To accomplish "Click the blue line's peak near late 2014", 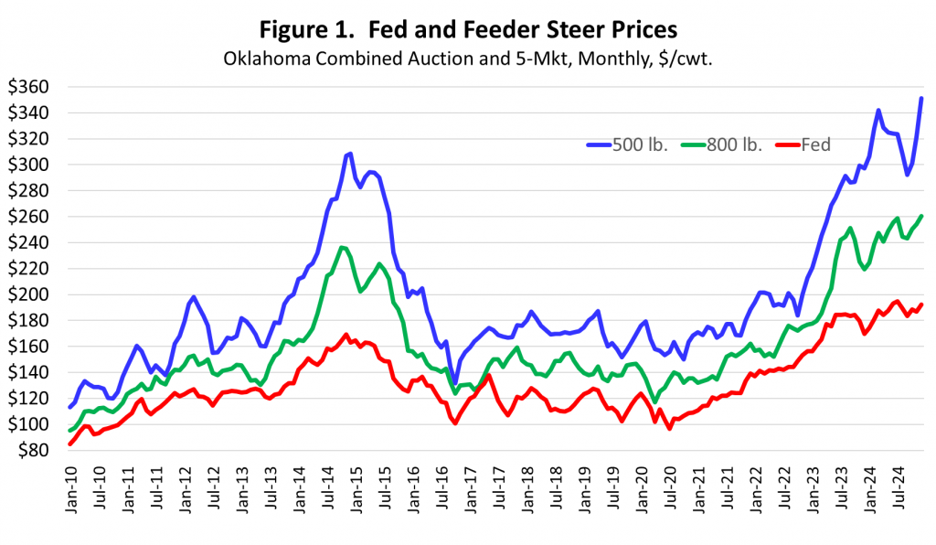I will pyautogui.click(x=350, y=154).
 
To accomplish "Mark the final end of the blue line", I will pyautogui.click(x=920, y=98).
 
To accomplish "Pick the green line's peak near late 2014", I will pyautogui.click(x=341, y=247).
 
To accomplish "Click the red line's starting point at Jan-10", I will pyautogui.click(x=70, y=443).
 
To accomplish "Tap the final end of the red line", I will pyautogui.click(x=920, y=305).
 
